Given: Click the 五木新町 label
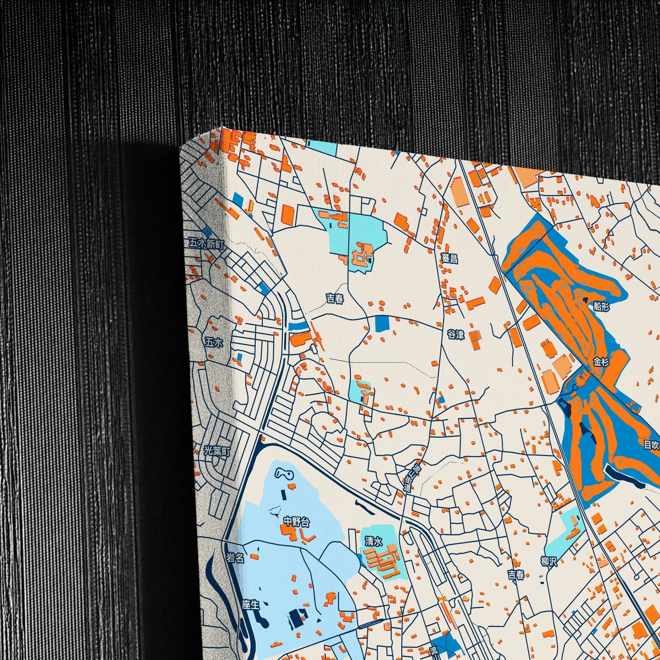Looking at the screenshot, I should coord(207,244).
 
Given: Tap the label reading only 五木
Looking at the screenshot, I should coord(214,342).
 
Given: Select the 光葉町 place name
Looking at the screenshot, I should coord(217,451).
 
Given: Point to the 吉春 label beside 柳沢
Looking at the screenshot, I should coord(516,575).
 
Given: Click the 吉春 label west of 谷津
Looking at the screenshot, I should coord(335,299).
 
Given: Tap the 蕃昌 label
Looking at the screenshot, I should coord(449,259).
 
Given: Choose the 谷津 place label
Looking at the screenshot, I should coord(456,335).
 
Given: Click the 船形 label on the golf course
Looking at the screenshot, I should coord(602,306).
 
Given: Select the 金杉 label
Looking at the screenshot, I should coord(601,362).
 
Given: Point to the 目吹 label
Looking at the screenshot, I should coord(652,444).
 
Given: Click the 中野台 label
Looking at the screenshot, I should coord(296,521).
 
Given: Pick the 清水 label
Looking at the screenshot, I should coord(373,541).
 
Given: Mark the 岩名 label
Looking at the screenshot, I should coord(236,558).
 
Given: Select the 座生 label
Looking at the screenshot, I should coord(251,605).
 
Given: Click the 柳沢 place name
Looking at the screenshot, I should coord(549,561).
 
